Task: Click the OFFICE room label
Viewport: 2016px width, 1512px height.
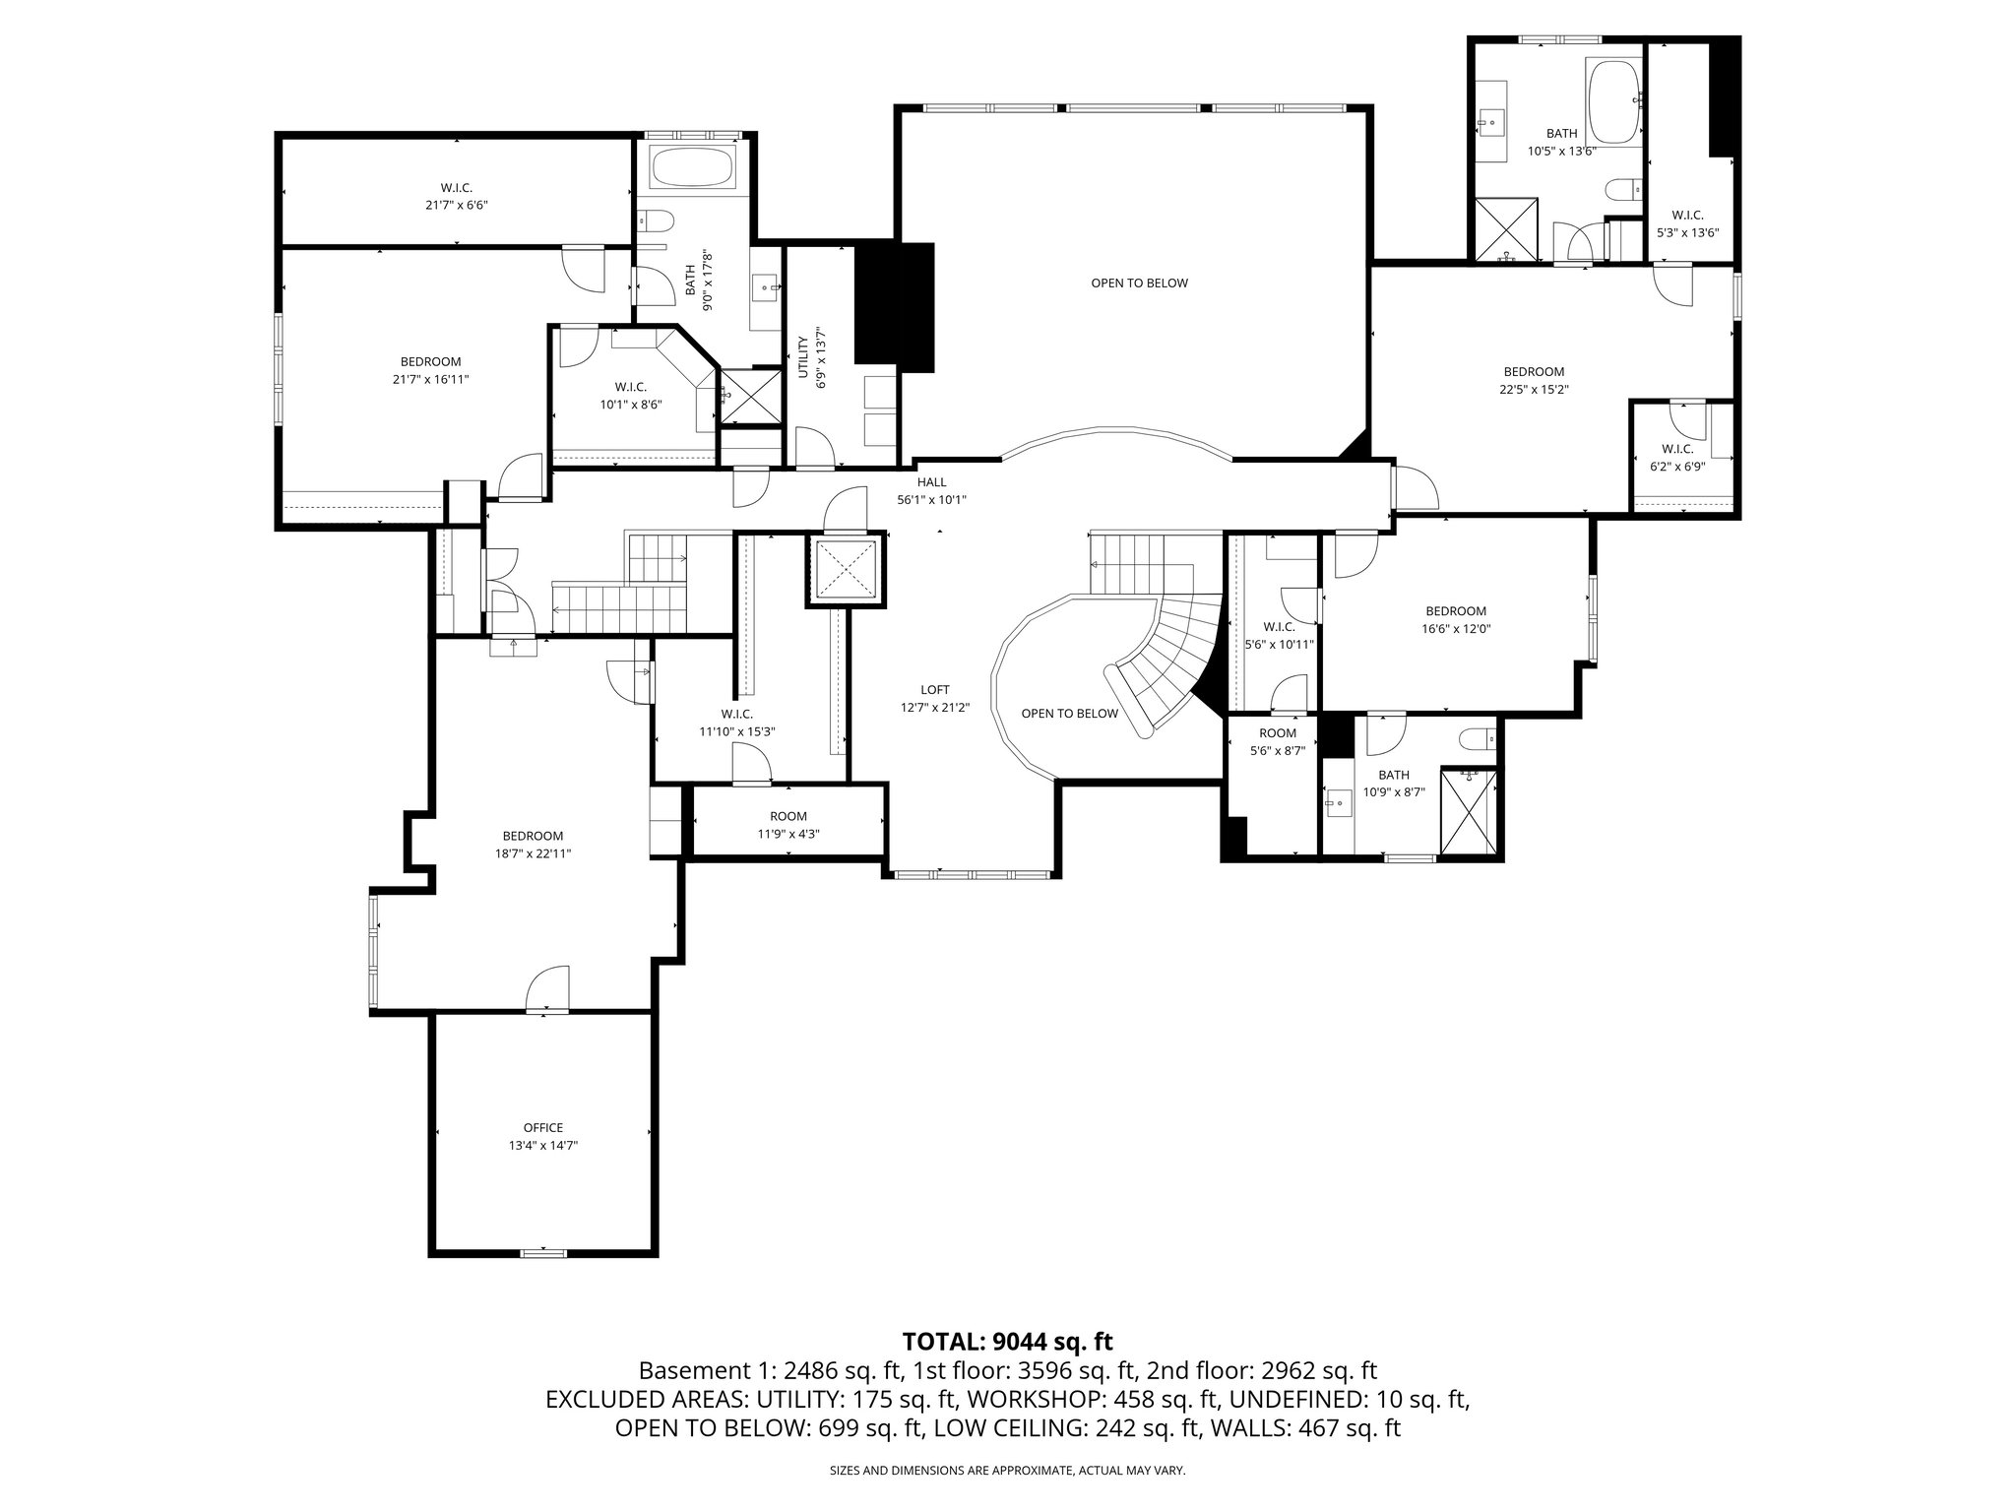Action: click(542, 1128)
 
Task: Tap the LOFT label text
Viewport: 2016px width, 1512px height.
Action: click(935, 690)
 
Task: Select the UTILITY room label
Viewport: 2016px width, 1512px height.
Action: click(802, 356)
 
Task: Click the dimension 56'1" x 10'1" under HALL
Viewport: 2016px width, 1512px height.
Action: click(931, 500)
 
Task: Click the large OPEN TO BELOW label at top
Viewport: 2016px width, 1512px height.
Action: click(1139, 283)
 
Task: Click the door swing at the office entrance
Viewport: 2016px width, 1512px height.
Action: click(547, 989)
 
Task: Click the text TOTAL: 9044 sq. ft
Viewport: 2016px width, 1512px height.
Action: click(1007, 1341)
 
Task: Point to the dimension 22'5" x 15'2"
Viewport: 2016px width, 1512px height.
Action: click(1534, 390)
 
